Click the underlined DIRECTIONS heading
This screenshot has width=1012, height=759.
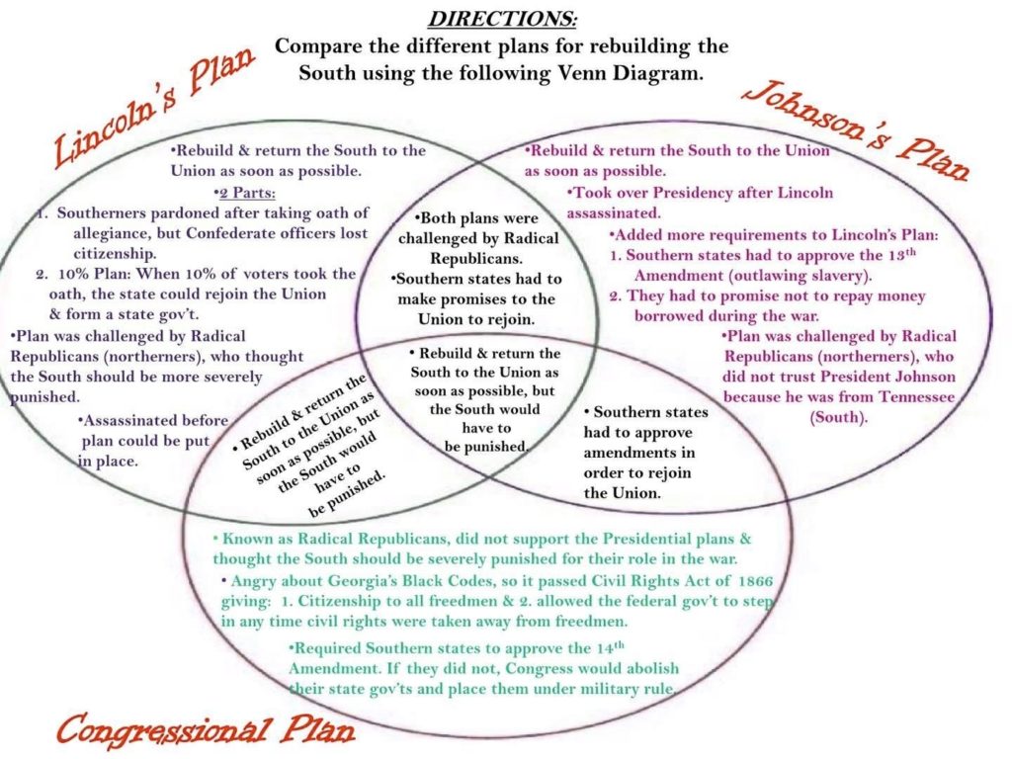(x=502, y=18)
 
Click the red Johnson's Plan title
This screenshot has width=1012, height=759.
(x=855, y=130)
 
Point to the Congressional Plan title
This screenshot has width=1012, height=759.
(x=206, y=728)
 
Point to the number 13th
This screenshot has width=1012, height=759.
(x=901, y=254)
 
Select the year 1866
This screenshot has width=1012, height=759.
(x=754, y=580)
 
